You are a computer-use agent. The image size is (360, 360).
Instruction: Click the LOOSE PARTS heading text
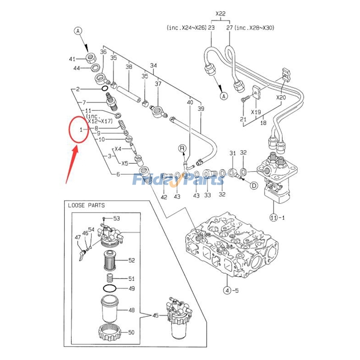point(86,205)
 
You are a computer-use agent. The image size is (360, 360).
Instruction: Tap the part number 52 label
point(132,260)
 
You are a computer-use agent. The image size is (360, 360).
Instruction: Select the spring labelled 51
point(109,279)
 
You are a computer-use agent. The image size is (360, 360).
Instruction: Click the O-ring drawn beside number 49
point(109,288)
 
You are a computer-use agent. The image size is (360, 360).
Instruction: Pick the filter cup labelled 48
point(109,310)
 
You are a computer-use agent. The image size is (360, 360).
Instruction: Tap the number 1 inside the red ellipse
point(80,130)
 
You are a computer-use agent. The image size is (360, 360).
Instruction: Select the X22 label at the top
point(220,14)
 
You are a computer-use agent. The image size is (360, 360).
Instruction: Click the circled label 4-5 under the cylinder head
point(228,290)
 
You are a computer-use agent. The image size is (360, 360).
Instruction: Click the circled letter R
point(182,148)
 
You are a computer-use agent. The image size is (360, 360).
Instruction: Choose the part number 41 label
point(72,59)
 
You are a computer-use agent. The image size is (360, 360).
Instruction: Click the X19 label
point(256,112)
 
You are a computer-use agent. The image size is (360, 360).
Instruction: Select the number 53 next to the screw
point(117,219)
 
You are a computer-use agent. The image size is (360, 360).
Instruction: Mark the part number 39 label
point(201,109)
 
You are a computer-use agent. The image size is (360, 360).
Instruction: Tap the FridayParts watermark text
point(178,180)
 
